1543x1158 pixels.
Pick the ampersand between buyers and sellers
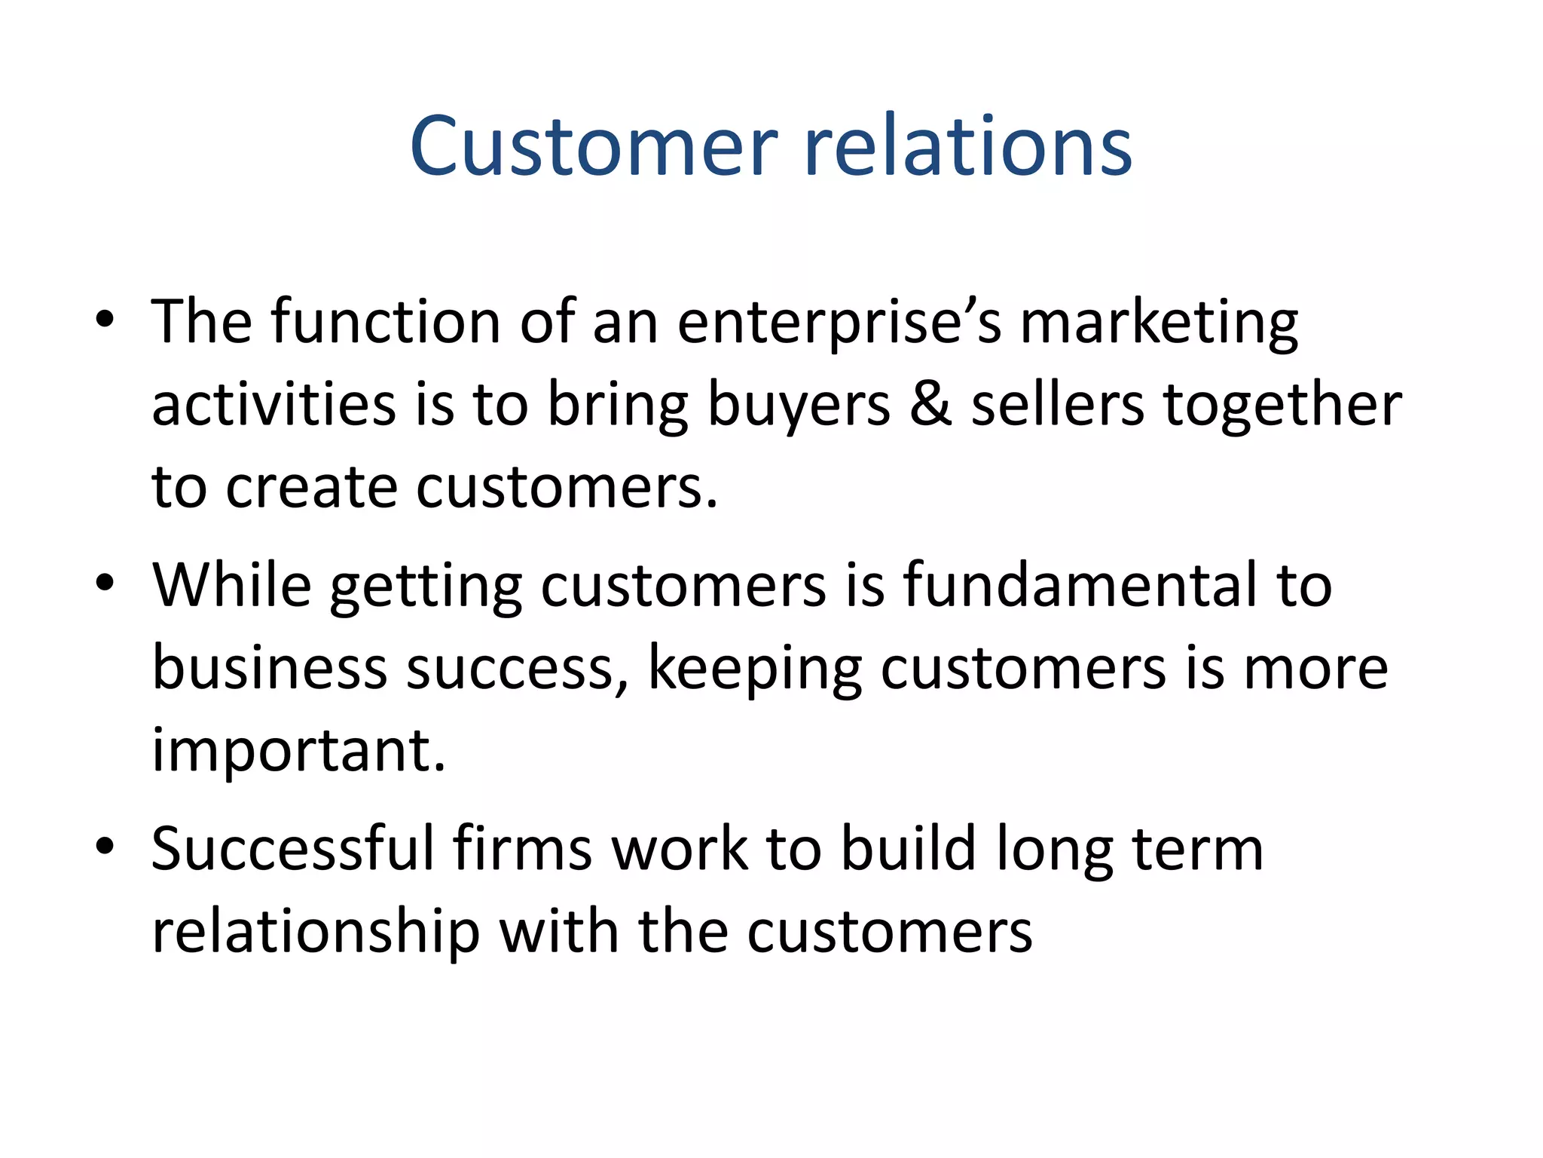click(x=930, y=404)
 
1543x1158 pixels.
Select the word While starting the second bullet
click(x=232, y=584)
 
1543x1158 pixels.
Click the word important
click(x=299, y=752)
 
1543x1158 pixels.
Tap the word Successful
click(x=293, y=848)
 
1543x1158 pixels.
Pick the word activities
click(x=273, y=404)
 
